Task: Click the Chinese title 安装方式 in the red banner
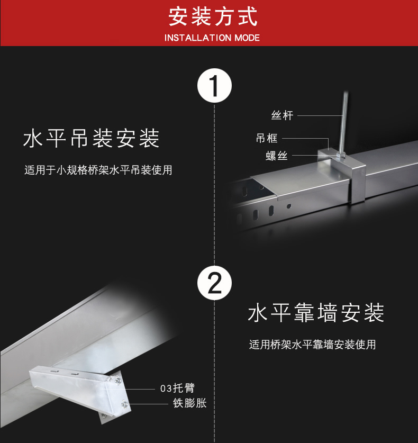pos(213,17)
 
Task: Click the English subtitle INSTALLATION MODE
pos(212,38)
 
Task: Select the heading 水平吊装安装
pos(92,139)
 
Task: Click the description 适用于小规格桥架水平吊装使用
pos(98,170)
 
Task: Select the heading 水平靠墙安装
pos(316,313)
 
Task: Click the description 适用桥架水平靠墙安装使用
pos(312,345)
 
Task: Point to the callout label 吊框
pos(267,139)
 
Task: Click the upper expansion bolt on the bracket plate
pos(115,379)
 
